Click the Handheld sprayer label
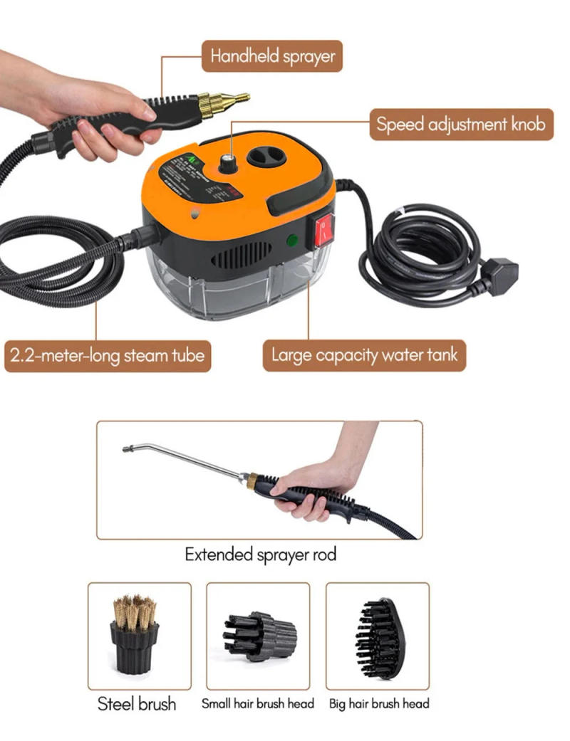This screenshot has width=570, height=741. [271, 56]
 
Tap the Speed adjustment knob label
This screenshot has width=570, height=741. [460, 125]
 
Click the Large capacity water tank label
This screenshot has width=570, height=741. [363, 354]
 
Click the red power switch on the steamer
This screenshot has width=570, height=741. [324, 227]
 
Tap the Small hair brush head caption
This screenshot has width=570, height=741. [257, 704]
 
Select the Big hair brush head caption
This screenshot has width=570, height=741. [379, 704]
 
